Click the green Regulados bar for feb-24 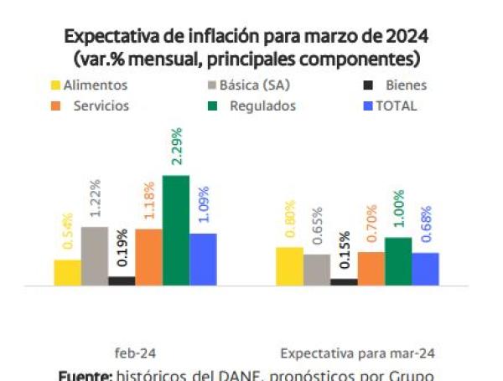[x=175, y=230]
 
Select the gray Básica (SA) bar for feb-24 [x=95, y=256]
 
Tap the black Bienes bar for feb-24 [x=122, y=281]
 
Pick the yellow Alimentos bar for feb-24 [x=68, y=272]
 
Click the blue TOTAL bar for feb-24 [x=203, y=260]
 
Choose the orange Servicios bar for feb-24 [x=148, y=257]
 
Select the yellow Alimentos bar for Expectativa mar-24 [x=289, y=266]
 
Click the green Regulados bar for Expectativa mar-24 [x=398, y=261]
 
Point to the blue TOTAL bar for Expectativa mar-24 [x=425, y=269]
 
